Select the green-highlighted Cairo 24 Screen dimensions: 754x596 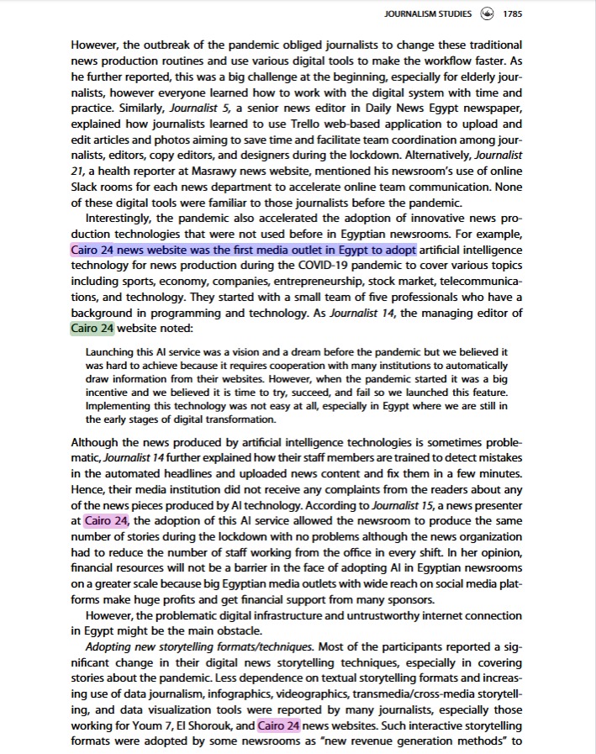[92, 328]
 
